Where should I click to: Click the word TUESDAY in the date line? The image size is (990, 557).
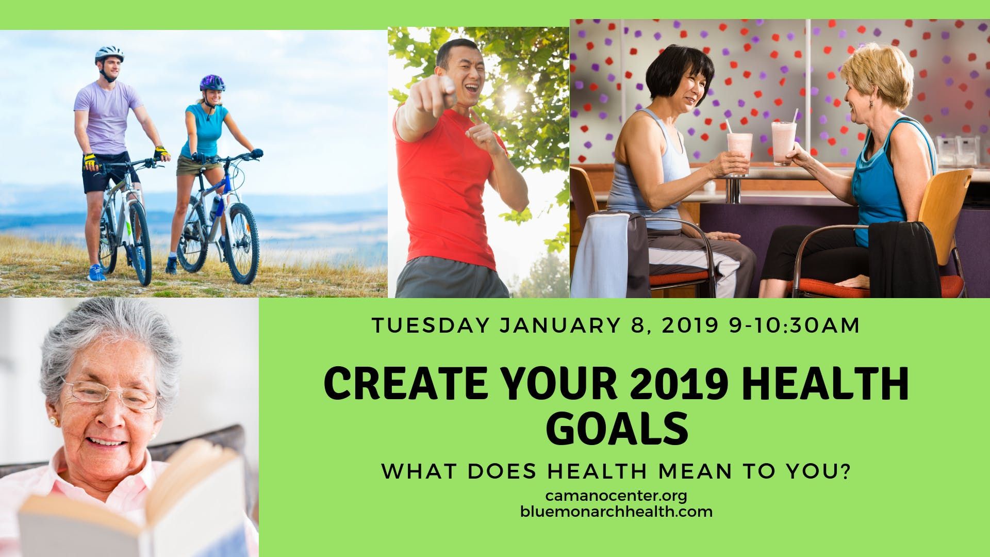pos(430,325)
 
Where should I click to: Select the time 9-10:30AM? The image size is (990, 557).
pos(794,325)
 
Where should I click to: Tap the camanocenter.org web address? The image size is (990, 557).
pos(617,496)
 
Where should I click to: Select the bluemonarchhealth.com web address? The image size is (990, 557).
pos(617,512)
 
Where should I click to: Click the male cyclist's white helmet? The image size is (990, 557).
pos(109,54)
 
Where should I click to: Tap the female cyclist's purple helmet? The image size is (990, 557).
pos(212,82)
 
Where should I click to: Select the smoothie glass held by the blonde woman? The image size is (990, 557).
pos(783,142)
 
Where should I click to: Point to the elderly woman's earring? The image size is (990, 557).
pos(52,421)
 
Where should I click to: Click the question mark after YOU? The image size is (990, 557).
pos(844,472)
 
